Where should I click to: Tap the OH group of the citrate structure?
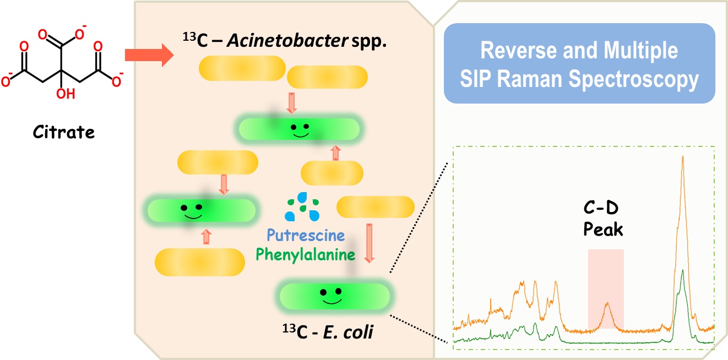(64, 94)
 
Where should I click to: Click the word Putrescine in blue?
(306, 236)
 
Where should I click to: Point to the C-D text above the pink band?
(603, 209)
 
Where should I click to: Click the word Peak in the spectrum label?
(604, 228)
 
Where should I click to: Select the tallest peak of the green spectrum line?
(682, 270)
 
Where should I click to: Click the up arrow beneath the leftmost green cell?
(207, 237)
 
